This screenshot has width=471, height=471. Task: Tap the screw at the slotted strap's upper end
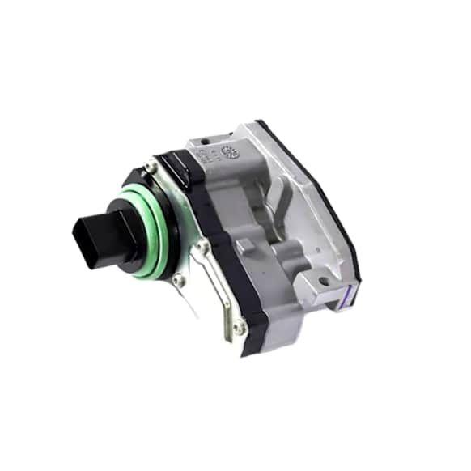[205, 246]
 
